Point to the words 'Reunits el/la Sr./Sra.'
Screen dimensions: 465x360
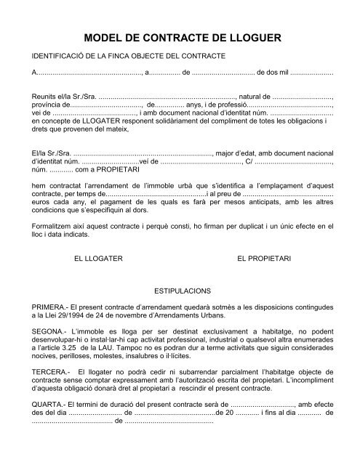58,97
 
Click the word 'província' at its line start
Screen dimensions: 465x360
40,105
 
